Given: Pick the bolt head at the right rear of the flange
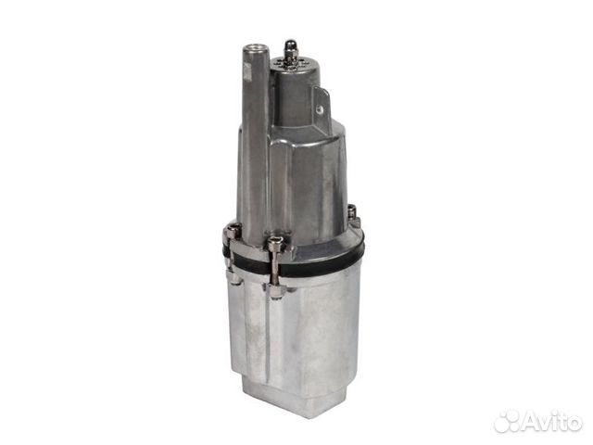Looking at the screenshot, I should pyautogui.click(x=352, y=212).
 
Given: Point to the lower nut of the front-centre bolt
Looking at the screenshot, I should pyautogui.click(x=274, y=290).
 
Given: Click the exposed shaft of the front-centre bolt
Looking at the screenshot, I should pyautogui.click(x=274, y=270).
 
